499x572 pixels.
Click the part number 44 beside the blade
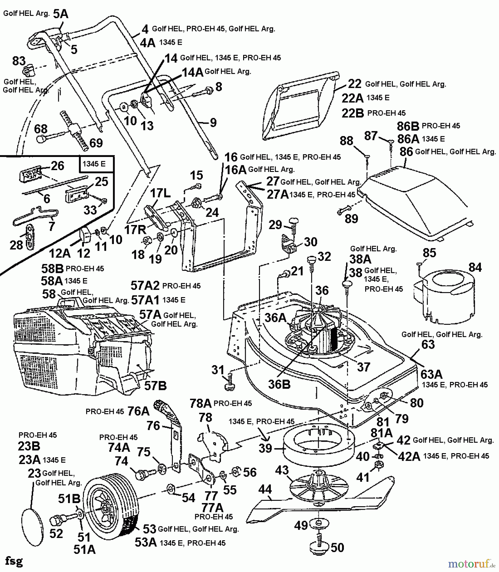265,489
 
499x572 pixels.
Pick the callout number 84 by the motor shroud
475,268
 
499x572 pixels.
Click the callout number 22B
352,113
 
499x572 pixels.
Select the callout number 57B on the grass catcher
155,385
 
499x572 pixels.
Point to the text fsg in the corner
14,561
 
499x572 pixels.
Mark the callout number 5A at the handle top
60,14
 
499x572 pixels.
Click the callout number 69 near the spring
96,143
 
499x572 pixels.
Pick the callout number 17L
160,193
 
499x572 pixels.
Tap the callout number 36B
279,385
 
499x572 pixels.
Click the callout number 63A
431,374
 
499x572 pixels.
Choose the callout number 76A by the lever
138,411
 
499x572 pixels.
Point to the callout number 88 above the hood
346,140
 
